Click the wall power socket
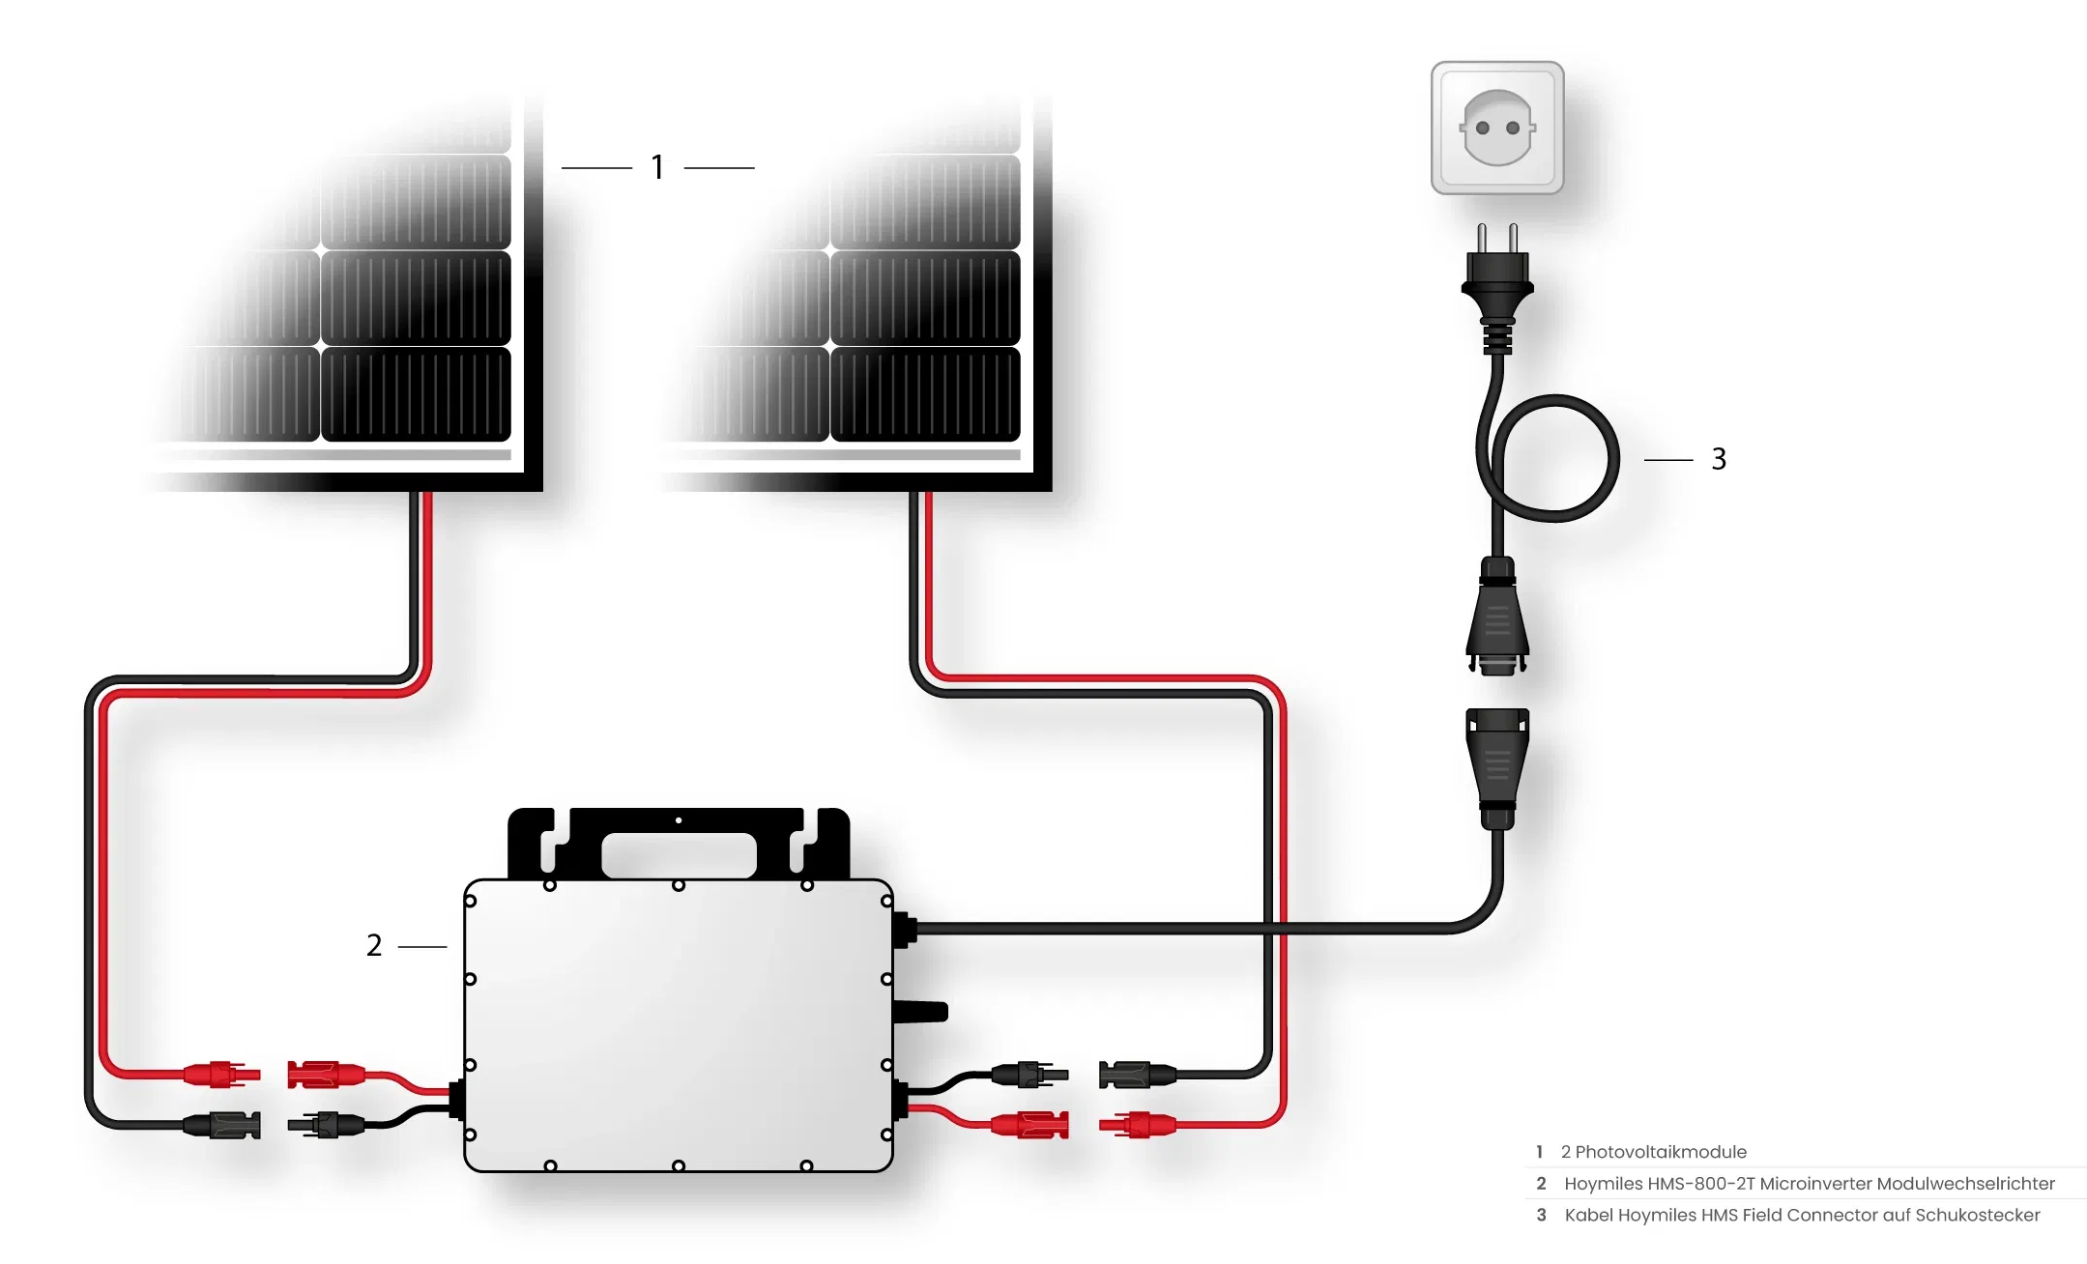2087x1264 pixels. pyautogui.click(x=1497, y=128)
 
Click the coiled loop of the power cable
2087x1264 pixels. pyautogui.click(x=1554, y=458)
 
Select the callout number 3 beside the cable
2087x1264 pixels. pyautogui.click(x=1719, y=459)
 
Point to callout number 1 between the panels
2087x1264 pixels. pyautogui.click(x=658, y=167)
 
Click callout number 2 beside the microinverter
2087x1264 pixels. pyautogui.click(x=374, y=945)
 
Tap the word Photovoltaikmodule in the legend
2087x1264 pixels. pyautogui.click(x=1661, y=1152)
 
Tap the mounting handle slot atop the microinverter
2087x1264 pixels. pyautogui.click(x=679, y=855)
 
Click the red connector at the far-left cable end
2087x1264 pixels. pyautogui.click(x=222, y=1074)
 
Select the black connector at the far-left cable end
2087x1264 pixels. pyautogui.click(x=222, y=1125)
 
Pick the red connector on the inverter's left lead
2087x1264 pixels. pyautogui.click(x=327, y=1074)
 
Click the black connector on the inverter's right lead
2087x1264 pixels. pyautogui.click(x=1030, y=1074)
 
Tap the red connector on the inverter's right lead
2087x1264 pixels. pyautogui.click(x=1030, y=1125)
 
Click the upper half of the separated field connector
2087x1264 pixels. pyautogui.click(x=1497, y=617)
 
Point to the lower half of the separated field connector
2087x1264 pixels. pyautogui.click(x=1497, y=769)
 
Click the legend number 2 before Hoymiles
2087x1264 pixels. pyautogui.click(x=1541, y=1184)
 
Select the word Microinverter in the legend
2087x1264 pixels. pyautogui.click(x=1816, y=1184)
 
